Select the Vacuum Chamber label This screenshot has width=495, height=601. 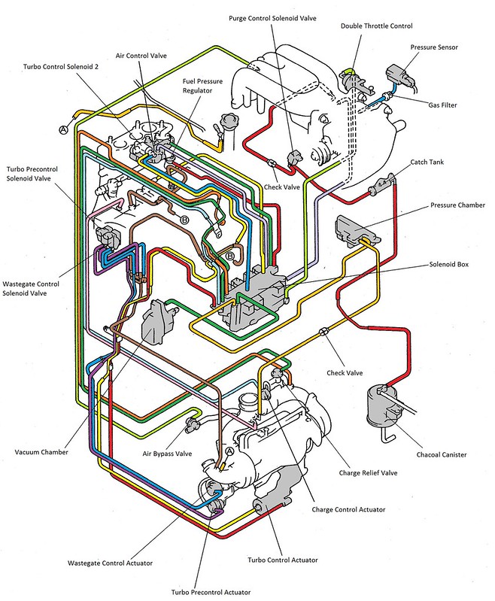coord(41,453)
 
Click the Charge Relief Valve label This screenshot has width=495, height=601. coord(368,473)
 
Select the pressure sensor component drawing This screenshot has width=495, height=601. coord(397,77)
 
